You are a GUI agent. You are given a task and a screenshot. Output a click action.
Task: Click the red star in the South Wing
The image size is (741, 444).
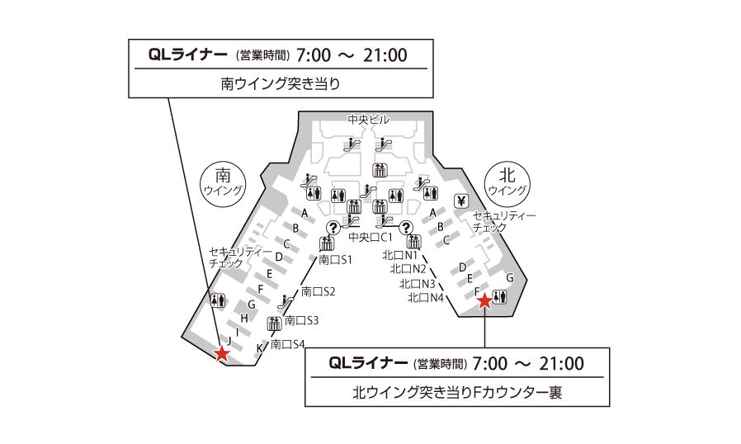pyautogui.click(x=222, y=353)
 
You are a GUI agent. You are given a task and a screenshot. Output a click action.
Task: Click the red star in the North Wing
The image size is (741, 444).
pyautogui.click(x=485, y=301)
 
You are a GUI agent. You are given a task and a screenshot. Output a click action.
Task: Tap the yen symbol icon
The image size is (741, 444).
pyautogui.click(x=461, y=201)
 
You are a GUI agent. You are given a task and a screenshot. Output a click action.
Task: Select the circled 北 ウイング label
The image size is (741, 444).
pyautogui.click(x=507, y=181)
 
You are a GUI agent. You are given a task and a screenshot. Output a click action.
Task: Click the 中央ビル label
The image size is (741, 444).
pyautogui.click(x=368, y=120)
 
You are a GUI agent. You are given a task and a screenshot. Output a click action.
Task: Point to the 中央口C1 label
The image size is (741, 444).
pyautogui.click(x=370, y=238)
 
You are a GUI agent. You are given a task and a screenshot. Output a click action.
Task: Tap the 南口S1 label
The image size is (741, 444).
pyautogui.click(x=336, y=260)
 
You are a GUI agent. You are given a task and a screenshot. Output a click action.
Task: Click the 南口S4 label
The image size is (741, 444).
pyautogui.click(x=288, y=344)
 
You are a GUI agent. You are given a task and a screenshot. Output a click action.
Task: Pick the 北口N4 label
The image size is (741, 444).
pyautogui.click(x=427, y=297)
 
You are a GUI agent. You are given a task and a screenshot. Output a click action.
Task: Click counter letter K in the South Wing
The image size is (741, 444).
pyautogui.click(x=259, y=348)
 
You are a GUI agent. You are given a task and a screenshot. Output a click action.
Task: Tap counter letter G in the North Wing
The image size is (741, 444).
pyautogui.click(x=510, y=278)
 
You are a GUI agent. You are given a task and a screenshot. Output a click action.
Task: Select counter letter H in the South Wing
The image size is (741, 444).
pyautogui.click(x=244, y=318)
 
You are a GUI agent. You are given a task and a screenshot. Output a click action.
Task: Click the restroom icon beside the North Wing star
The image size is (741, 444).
pyautogui.click(x=500, y=295)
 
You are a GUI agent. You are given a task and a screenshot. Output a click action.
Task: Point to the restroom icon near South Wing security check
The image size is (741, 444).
pyautogui.click(x=218, y=300)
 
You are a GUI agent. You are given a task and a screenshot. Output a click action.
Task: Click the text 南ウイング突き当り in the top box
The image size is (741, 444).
pyautogui.click(x=281, y=83)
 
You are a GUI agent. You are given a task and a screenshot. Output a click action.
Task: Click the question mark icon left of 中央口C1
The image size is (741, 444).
pyautogui.click(x=333, y=228)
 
